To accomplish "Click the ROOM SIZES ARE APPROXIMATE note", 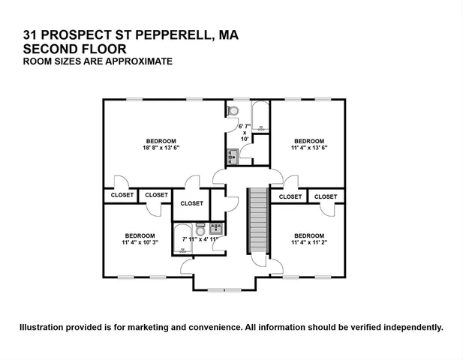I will pos(98,61).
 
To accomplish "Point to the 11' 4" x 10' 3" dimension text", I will pos(140,242).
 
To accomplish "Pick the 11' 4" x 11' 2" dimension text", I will pos(308,242).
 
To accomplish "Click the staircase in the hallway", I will pos(257,222).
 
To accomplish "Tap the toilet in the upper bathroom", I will pos(233,111).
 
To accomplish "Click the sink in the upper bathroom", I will pos(232,156).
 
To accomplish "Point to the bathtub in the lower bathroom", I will pos(183,239).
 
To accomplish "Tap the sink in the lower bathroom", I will pos(216,227).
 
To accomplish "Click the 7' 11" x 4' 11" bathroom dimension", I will pos(205,239).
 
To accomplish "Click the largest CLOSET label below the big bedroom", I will pos(191,203).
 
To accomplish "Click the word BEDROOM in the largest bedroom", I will pos(161,141).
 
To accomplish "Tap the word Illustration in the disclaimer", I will pos(44,327).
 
